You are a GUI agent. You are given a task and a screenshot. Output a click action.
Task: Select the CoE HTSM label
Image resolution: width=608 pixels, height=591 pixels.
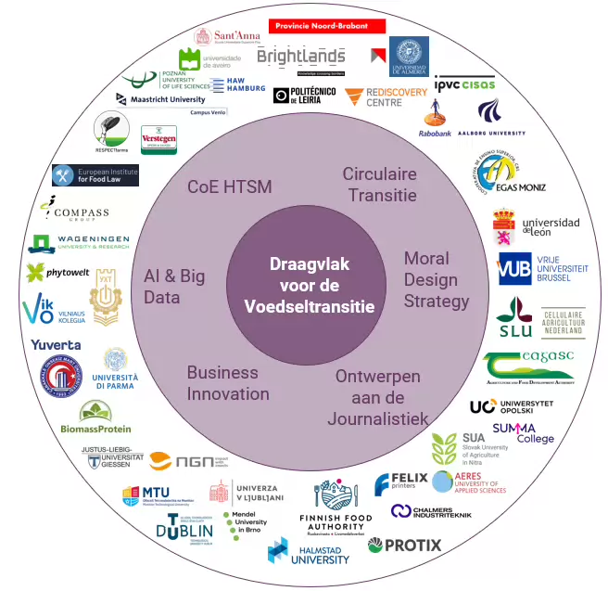[230, 186]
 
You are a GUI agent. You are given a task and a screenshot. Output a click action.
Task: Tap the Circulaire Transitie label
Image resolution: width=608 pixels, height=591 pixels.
[379, 184]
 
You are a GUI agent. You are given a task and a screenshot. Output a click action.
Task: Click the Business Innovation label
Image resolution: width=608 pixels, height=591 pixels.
[228, 382]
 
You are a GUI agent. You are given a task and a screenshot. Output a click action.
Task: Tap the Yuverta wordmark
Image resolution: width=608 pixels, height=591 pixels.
[56, 346]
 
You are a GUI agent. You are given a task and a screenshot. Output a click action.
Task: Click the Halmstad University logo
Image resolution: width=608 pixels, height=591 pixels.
[309, 554]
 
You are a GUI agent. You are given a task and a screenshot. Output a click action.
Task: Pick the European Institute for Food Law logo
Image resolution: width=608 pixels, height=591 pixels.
[95, 174]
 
